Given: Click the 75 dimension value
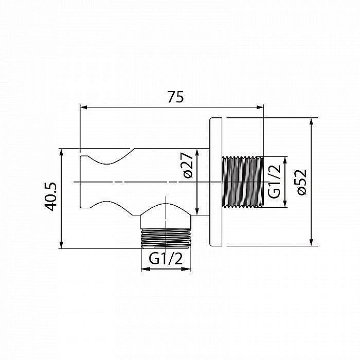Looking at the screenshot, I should point(175,97).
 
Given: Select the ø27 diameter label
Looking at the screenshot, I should point(187,166).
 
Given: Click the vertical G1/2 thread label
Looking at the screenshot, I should point(275,182).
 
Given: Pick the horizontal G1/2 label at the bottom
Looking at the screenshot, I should point(166,259).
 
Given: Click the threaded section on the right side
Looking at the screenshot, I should point(242,182).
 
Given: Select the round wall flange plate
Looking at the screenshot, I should point(215,182).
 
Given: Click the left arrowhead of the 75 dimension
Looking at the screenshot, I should point(83,107).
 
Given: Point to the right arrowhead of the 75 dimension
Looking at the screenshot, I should point(260,107).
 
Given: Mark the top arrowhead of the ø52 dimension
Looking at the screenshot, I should point(311,122).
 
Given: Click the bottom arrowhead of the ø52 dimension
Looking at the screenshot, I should point(311,242).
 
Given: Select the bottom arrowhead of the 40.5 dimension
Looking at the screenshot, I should point(61,245).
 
